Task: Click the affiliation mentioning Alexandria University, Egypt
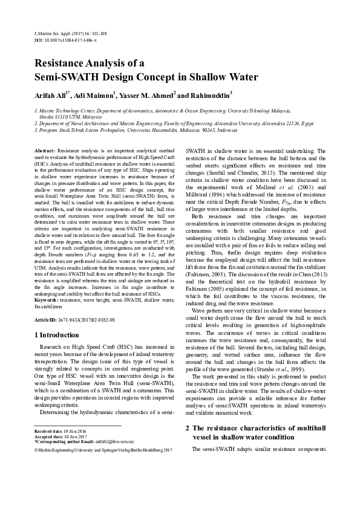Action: (182, 122)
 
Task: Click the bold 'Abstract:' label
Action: (45, 149)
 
